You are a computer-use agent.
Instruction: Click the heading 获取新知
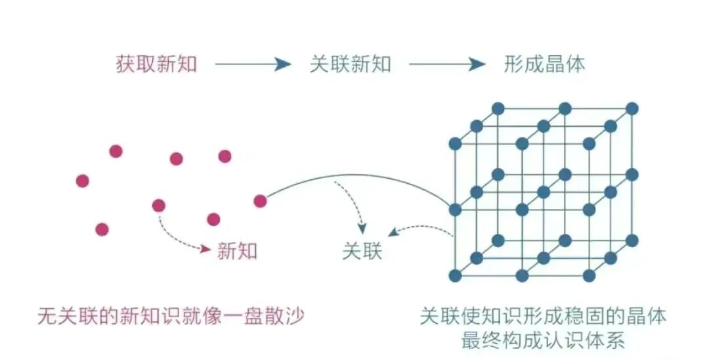[x=156, y=64]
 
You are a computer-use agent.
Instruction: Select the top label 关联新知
[x=350, y=64]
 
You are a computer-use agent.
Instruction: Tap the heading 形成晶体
[x=544, y=64]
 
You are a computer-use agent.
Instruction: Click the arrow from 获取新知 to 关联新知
[x=253, y=64]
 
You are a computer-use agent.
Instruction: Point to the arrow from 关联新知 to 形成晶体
[x=447, y=64]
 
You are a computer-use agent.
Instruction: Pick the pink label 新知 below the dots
[x=237, y=250]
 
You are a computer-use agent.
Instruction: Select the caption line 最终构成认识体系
[x=544, y=340]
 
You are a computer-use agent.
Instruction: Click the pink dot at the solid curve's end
[x=260, y=201]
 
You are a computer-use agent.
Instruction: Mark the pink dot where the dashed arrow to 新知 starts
[x=158, y=206]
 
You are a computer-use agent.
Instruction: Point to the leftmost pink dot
[x=82, y=181]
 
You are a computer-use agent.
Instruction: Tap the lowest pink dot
[x=102, y=229]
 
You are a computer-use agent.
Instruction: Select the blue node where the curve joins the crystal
[x=455, y=210]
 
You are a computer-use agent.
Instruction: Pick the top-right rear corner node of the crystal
[x=632, y=108]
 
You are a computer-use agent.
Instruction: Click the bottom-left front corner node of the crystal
[x=455, y=276]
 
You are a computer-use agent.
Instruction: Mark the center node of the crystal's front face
[x=522, y=210]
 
